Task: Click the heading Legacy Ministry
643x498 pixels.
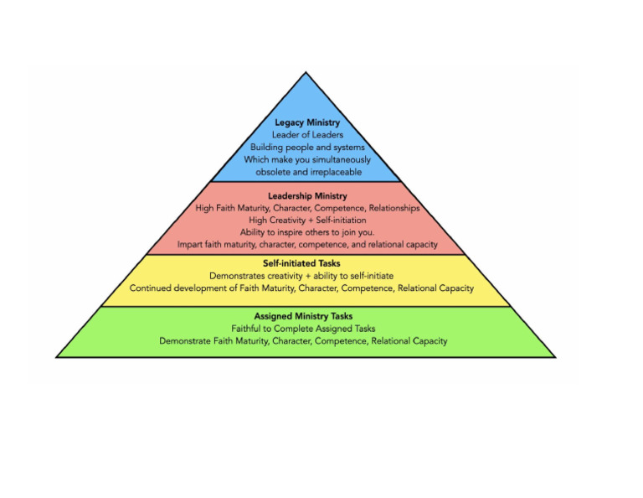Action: click(307, 122)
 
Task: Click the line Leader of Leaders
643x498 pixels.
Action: click(307, 135)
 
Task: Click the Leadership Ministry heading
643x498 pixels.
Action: click(307, 196)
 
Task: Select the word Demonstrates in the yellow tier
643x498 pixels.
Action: click(238, 276)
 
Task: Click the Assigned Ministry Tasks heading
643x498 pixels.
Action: click(303, 317)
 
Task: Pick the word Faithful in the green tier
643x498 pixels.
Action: click(249, 329)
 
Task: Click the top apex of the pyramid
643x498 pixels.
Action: click(306, 74)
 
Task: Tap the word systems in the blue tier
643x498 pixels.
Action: click(351, 148)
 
